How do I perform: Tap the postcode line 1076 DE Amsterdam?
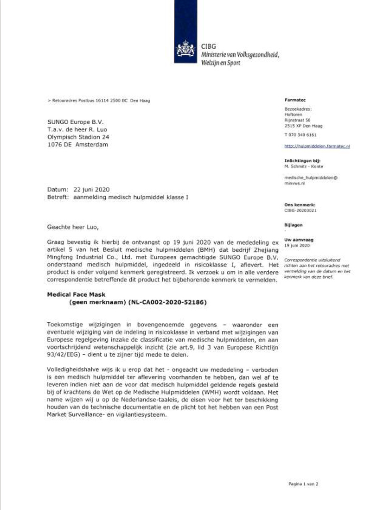(x=77, y=145)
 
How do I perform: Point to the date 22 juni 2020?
(x=90, y=190)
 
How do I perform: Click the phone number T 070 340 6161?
(x=300, y=135)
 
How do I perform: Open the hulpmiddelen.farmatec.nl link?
(x=317, y=146)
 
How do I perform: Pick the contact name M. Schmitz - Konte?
(x=304, y=166)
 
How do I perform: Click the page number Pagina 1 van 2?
(x=303, y=484)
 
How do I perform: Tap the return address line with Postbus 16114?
(x=99, y=101)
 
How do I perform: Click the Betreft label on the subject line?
(x=58, y=197)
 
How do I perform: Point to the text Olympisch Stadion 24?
(x=78, y=137)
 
